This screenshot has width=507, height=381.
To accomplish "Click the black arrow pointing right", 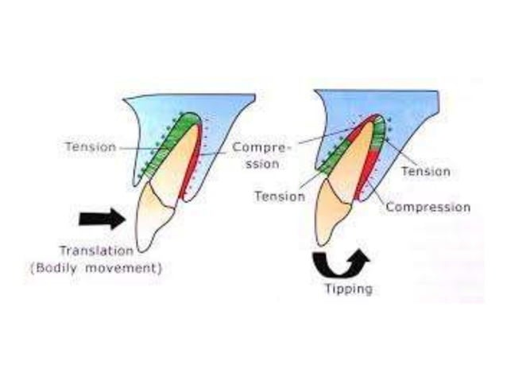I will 102,216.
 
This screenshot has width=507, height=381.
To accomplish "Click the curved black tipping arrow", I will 340,262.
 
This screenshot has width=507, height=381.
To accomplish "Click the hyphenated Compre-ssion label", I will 257,156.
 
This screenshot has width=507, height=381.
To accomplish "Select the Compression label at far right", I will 428,207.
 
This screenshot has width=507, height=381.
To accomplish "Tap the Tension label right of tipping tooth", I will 426,171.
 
